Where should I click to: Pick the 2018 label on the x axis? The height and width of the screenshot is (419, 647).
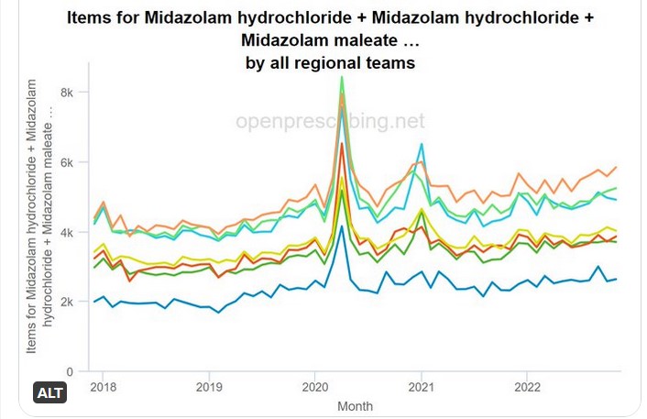pos(104,387)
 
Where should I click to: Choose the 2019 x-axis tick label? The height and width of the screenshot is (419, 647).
pos(210,387)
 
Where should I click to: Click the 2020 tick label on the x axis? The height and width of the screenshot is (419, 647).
pos(315,387)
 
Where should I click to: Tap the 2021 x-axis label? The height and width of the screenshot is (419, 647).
pos(421,387)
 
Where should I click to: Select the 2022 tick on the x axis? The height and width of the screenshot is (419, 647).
pos(526,387)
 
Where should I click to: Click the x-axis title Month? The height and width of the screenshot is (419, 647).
pos(355,404)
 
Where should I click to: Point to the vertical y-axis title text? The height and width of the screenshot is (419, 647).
pos(40,216)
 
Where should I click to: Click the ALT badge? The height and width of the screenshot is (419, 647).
pos(50,393)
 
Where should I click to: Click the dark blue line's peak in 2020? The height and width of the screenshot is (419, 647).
pos(342,226)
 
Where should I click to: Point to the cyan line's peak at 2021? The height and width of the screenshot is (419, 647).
pos(421,144)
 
